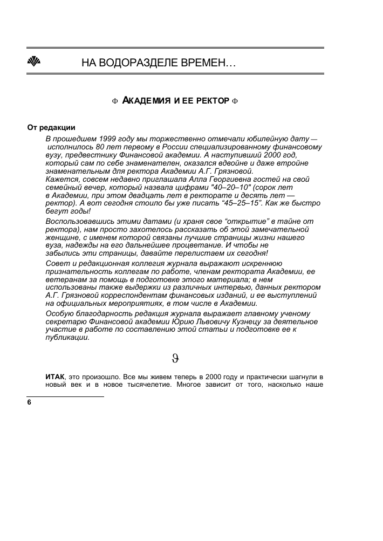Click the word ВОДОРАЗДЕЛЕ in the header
pyautogui.click(x=141, y=64)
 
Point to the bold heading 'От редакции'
pyautogui.click(x=51, y=128)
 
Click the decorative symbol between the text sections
pyautogui.click(x=175, y=357)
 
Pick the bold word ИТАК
pyautogui.click(x=54, y=374)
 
